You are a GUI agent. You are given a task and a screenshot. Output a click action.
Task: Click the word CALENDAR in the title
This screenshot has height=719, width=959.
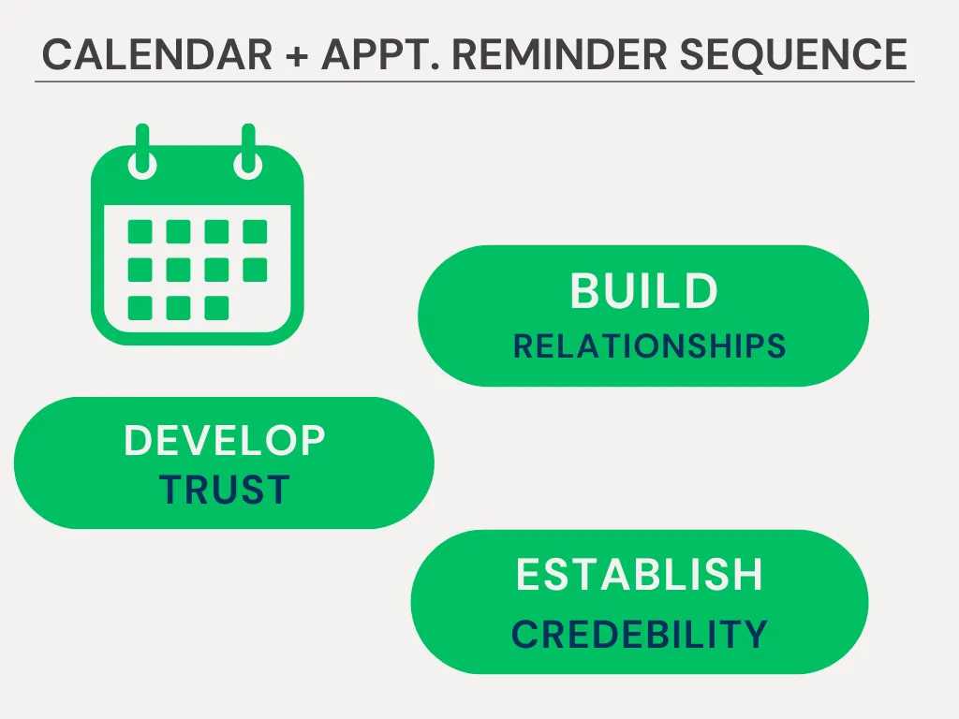pyautogui.click(x=157, y=54)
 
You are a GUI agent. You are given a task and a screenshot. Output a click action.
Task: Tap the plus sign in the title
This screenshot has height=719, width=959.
pyautogui.click(x=297, y=56)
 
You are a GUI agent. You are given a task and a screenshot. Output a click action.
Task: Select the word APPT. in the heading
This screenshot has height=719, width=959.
pyautogui.click(x=380, y=54)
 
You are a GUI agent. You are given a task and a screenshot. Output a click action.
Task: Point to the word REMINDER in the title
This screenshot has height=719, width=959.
pyautogui.click(x=559, y=54)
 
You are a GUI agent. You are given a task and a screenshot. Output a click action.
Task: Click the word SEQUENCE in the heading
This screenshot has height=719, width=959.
pyautogui.click(x=793, y=55)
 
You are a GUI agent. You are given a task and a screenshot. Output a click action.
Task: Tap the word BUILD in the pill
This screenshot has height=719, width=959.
pyautogui.click(x=644, y=290)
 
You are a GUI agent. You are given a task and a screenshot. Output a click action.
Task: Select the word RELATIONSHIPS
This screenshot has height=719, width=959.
pyautogui.click(x=650, y=346)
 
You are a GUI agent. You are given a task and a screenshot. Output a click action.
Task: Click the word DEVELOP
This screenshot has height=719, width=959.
pyautogui.click(x=225, y=440)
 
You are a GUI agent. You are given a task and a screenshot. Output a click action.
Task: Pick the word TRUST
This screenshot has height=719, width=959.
pyautogui.click(x=225, y=489)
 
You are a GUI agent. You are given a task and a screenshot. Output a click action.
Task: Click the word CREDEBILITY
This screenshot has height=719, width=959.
pyautogui.click(x=639, y=634)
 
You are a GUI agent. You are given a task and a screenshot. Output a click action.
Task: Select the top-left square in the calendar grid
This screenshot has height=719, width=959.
pyautogui.click(x=140, y=232)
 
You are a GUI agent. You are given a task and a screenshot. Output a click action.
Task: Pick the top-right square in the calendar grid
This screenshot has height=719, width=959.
pyautogui.click(x=255, y=232)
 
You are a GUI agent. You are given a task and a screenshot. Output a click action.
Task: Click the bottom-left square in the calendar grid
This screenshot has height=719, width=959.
pyautogui.click(x=140, y=308)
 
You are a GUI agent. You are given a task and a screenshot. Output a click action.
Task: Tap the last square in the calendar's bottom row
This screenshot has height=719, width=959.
pyautogui.click(x=216, y=308)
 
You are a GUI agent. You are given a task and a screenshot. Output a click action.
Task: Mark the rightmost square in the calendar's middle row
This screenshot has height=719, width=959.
pyautogui.click(x=255, y=270)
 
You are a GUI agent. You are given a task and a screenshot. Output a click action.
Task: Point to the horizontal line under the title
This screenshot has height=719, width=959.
pyautogui.click(x=475, y=81)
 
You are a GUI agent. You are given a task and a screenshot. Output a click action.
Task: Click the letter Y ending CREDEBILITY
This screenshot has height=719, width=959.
pyautogui.click(x=754, y=634)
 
